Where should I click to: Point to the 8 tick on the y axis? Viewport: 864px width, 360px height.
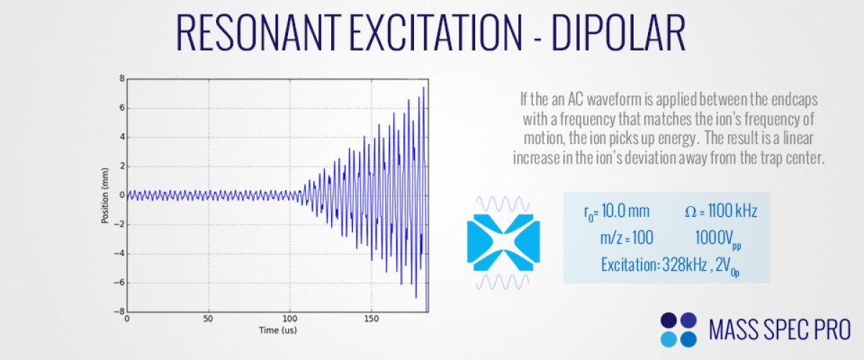pos(122,78)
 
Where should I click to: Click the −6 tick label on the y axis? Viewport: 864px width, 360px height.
pos(120,282)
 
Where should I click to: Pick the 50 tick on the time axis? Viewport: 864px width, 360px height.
pos(208,319)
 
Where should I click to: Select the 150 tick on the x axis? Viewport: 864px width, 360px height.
pos(371,319)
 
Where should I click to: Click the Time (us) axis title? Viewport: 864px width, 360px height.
pos(278,330)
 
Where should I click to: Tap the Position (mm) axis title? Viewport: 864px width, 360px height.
pos(104,196)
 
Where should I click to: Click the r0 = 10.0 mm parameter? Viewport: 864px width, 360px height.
pos(617,212)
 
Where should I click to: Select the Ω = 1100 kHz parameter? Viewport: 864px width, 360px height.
pos(721,211)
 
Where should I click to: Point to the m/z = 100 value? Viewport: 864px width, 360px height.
pos(627,238)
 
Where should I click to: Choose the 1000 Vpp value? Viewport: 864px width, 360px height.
pos(718,239)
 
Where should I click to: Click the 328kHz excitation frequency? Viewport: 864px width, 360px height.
pos(684,265)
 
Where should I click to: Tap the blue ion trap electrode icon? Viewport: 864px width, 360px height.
pos(503,243)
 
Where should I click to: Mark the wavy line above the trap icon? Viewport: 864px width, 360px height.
pos(503,204)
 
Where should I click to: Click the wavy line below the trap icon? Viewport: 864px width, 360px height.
pos(503,282)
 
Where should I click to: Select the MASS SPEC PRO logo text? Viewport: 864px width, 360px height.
pos(780,330)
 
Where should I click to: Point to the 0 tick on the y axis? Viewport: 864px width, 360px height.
pos(122,195)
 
